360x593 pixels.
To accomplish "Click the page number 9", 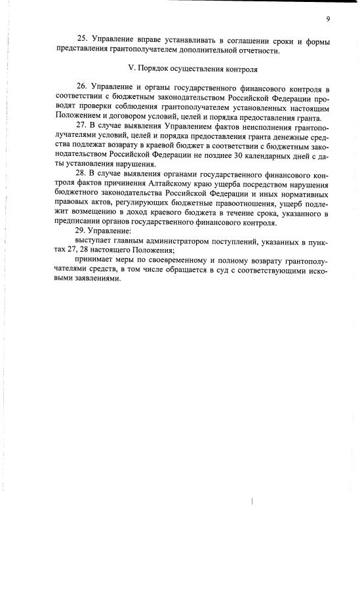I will pos(327,18).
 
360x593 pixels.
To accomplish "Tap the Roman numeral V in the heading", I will pos(129,68).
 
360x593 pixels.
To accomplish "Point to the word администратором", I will pos(175,241).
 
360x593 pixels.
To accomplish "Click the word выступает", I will pos(96,241).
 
